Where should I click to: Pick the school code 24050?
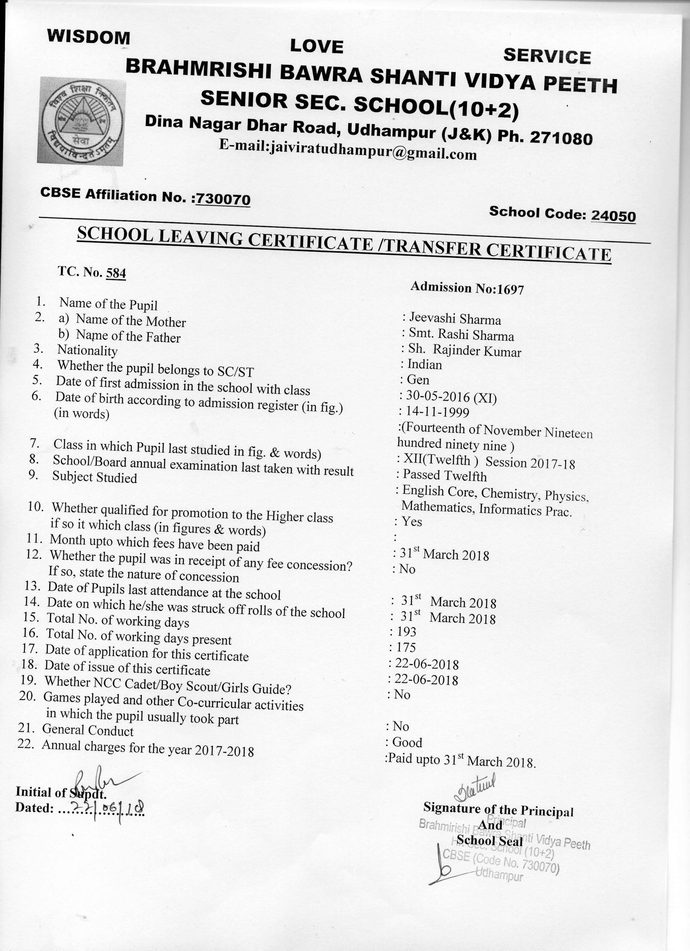click(x=613, y=216)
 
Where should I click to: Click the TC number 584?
click(x=116, y=273)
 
